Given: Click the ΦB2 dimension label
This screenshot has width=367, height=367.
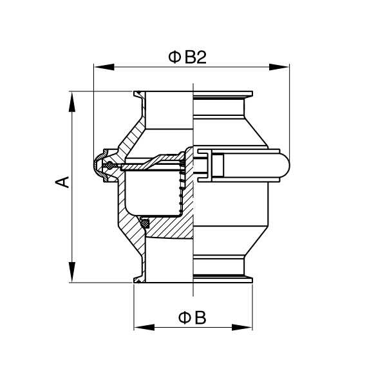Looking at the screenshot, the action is (x=187, y=57).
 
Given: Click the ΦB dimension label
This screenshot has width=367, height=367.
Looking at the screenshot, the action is (x=192, y=317).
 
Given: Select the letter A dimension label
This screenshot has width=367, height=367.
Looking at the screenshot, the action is (x=62, y=182).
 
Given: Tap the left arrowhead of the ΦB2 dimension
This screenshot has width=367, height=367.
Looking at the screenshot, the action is (x=104, y=67).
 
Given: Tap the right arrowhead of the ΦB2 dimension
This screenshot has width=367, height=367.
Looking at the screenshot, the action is (x=279, y=67).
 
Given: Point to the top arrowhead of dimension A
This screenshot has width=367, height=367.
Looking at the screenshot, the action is (x=72, y=102).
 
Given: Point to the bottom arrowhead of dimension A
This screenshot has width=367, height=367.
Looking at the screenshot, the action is (x=72, y=272).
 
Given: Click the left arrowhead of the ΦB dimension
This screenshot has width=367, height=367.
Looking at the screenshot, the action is (x=144, y=327).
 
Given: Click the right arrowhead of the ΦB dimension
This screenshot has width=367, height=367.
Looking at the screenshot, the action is (x=242, y=327).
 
